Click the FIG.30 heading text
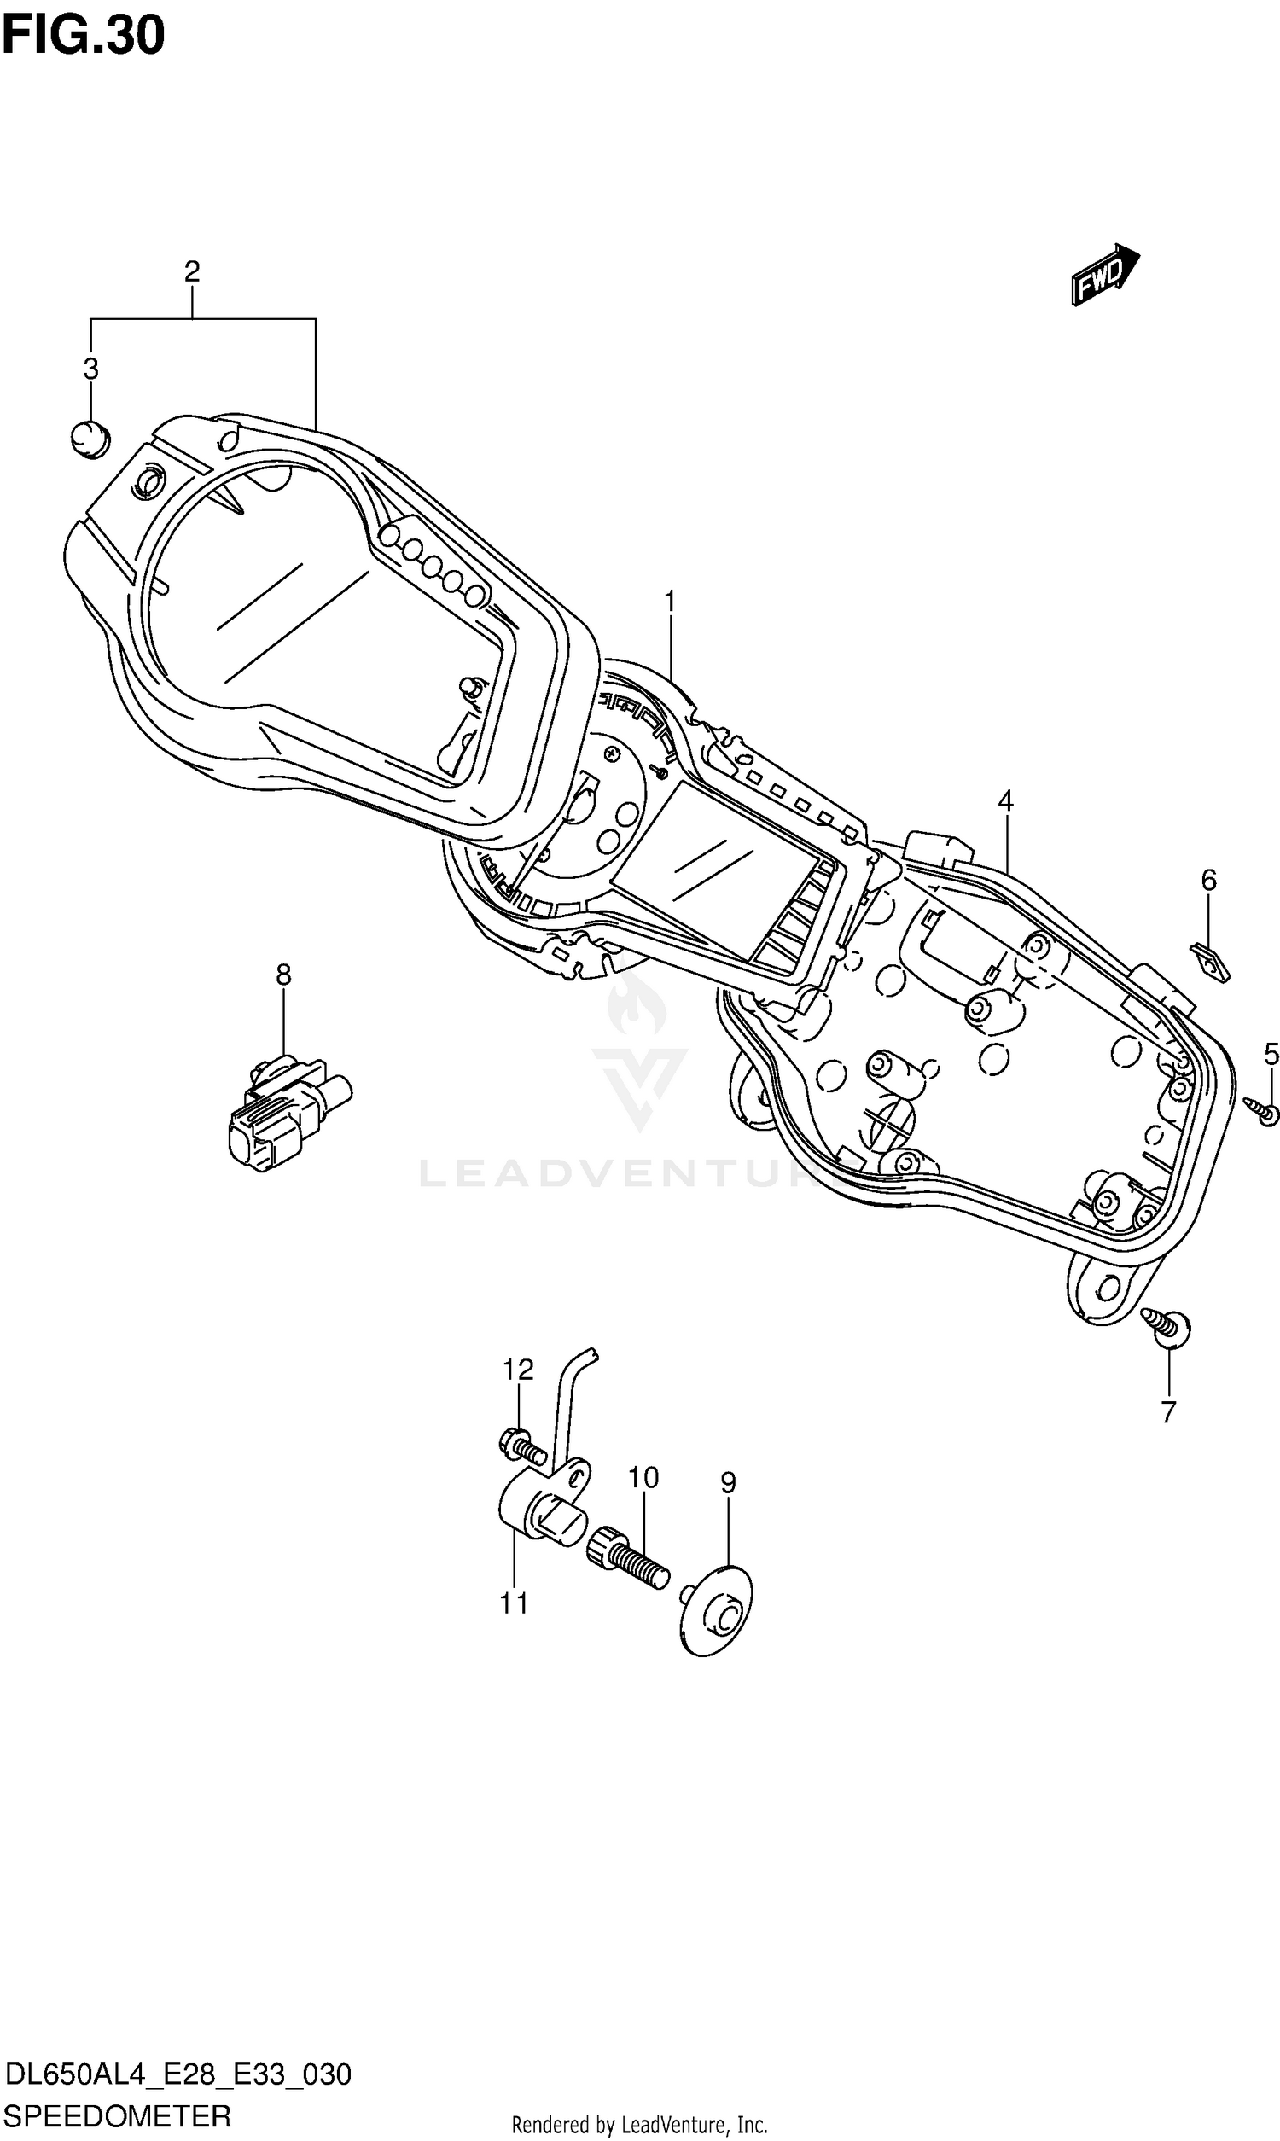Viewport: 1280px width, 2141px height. point(83,36)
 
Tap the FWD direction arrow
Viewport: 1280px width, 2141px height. point(1105,275)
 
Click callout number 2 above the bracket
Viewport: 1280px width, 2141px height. point(191,271)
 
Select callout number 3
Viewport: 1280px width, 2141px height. point(90,369)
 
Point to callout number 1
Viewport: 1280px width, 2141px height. point(669,602)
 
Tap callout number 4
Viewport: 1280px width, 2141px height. point(1006,800)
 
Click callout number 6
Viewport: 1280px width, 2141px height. point(1208,881)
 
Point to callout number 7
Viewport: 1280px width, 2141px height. point(1168,1412)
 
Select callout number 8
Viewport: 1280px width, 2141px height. point(284,975)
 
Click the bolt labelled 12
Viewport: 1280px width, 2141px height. point(522,1446)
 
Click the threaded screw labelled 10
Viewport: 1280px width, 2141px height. point(629,1555)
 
